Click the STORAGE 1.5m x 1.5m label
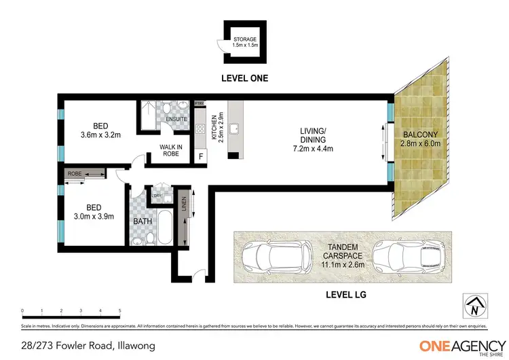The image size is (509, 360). (245, 43)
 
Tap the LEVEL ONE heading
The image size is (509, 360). (245, 78)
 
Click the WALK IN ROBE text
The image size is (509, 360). (170, 150)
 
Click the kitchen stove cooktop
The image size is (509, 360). (201, 129)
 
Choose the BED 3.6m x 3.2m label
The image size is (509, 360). (100, 130)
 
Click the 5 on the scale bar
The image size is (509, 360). (120, 310)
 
